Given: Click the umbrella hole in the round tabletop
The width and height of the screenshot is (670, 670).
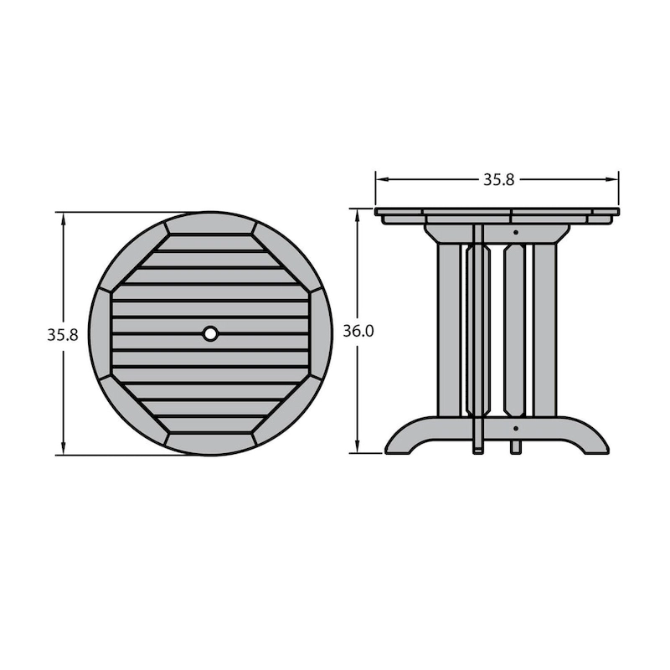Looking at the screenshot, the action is [210, 333].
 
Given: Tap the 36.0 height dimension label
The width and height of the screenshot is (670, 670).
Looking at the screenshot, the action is [358, 331].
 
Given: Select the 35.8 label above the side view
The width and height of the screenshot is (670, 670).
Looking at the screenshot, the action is [498, 180].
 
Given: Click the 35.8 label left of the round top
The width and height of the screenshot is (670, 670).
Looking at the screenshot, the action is [62, 335].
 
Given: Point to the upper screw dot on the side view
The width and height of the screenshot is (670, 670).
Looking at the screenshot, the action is [516, 233].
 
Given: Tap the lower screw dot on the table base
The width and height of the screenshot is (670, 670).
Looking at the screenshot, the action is [516, 428].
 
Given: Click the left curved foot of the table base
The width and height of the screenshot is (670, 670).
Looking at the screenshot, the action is [410, 435].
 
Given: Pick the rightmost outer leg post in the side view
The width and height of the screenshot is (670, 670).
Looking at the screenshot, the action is [545, 330].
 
